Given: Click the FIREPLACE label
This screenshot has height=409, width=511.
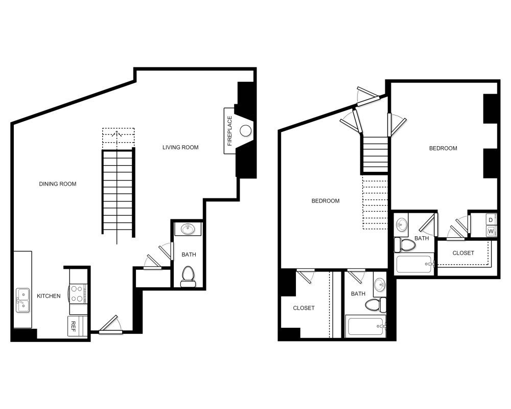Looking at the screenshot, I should (229, 131).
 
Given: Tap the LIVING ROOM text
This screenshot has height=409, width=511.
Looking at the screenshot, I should (180, 148).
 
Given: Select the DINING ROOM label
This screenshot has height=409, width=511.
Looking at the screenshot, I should (58, 184).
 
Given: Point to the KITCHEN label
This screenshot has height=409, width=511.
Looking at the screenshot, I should (49, 296).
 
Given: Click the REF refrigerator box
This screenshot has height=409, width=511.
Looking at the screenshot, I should (74, 326).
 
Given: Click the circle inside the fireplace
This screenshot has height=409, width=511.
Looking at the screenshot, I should (246, 131).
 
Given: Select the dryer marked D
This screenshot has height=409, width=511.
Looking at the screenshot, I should (491, 220).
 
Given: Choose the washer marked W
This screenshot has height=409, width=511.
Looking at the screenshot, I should (491, 232).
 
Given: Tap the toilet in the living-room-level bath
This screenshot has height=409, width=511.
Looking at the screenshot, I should (188, 275).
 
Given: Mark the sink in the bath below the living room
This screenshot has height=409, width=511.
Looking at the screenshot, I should (188, 229).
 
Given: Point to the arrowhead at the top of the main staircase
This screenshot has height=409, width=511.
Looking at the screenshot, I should (118, 134).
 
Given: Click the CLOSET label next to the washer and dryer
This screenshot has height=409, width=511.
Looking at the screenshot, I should (463, 253).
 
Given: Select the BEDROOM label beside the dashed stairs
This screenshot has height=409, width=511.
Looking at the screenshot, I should (326, 201).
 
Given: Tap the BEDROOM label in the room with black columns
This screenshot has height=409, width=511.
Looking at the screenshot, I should (443, 148).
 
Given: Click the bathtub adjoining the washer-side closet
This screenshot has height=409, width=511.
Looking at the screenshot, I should (415, 264).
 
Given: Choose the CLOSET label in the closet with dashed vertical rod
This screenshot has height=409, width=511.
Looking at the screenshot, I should (304, 308).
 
